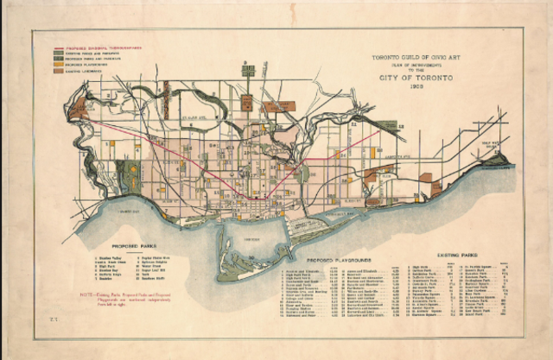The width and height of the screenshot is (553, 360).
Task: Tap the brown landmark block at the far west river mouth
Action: pyautogui.click(x=80, y=110)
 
